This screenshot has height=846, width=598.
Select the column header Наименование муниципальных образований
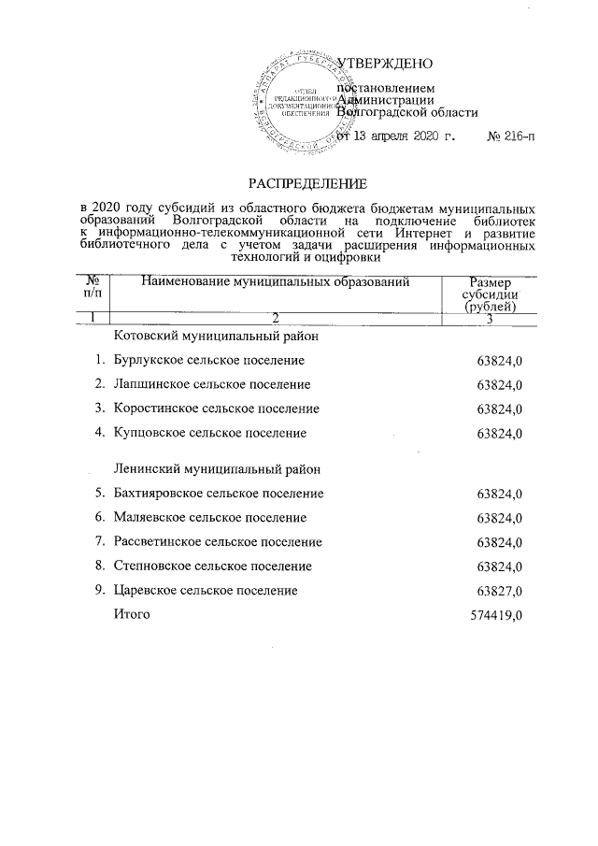[x=276, y=281]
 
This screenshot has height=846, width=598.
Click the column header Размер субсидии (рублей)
[x=491, y=294]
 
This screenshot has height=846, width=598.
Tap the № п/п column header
[x=93, y=287]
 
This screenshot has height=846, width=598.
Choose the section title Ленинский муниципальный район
[x=219, y=468]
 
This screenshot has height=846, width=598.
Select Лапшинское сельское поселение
[x=211, y=384]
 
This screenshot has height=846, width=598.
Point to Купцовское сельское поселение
[x=209, y=433]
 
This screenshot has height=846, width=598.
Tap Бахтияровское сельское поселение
[x=218, y=493]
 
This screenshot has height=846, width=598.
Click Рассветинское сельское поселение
[x=217, y=541]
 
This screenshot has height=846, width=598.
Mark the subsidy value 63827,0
[x=498, y=591]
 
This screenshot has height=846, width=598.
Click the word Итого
[x=131, y=614]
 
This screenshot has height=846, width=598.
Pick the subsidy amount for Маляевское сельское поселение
[x=498, y=518]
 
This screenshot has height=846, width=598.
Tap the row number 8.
[x=99, y=566]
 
